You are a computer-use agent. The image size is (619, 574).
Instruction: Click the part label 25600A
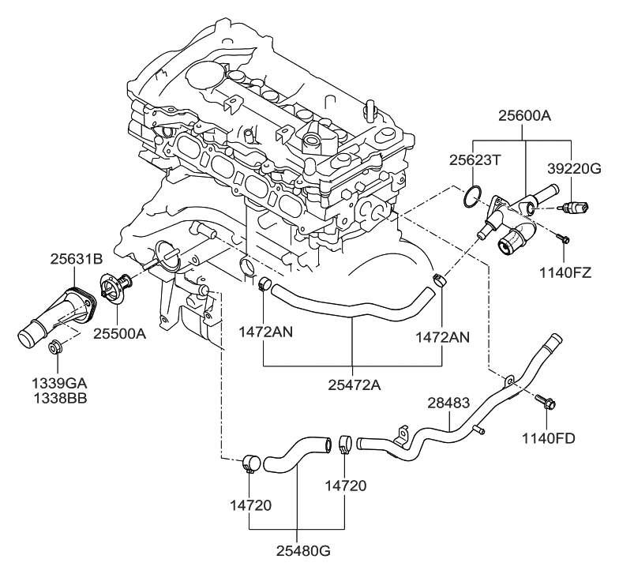point(524,116)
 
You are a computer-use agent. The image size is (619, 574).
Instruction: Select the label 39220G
point(574,167)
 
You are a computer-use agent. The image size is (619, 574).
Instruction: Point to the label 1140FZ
point(565,274)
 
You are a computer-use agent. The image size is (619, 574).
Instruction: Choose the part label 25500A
point(119,333)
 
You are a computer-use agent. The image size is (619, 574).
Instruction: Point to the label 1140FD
point(550,437)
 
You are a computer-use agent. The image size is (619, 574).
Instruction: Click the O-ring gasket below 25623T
point(471,197)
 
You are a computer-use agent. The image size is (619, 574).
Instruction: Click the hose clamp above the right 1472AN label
point(440,279)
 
